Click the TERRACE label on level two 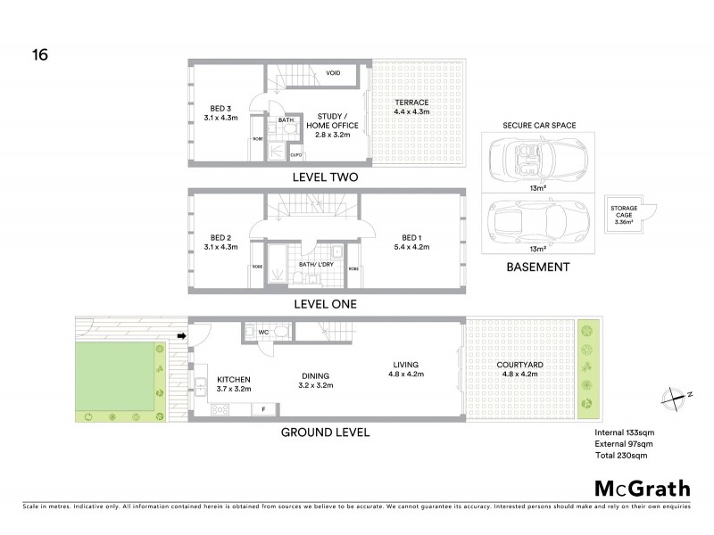pos(411,107)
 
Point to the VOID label pos(334,73)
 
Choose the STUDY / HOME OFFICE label pos(331,126)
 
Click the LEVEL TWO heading pos(325,177)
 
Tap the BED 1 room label pos(411,242)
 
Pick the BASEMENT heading pos(536,267)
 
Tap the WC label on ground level pos(263,333)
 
